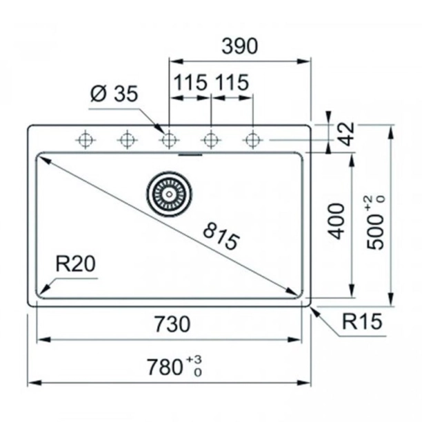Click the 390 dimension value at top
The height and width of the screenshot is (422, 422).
coord(239,46)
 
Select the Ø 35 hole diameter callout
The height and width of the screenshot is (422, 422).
coord(114,94)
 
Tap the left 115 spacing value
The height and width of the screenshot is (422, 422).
coord(190,82)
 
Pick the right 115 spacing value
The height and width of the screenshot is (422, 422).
coord(232,82)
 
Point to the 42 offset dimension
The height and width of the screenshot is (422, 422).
coord(348,134)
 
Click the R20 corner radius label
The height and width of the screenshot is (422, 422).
coord(75,264)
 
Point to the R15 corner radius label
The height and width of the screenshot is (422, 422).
coord(362,321)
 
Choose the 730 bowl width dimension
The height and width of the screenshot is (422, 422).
coord(172,324)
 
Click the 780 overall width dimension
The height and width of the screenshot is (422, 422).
coord(165,368)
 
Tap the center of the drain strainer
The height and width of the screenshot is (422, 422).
coord(170,194)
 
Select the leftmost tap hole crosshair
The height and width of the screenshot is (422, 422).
coord(86,140)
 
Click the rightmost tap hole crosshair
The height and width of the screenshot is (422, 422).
coord(252,140)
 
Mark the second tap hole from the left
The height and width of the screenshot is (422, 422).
coord(128,140)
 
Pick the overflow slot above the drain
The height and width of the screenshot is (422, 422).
coord(190,154)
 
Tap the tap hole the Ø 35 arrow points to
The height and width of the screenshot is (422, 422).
coord(169,140)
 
